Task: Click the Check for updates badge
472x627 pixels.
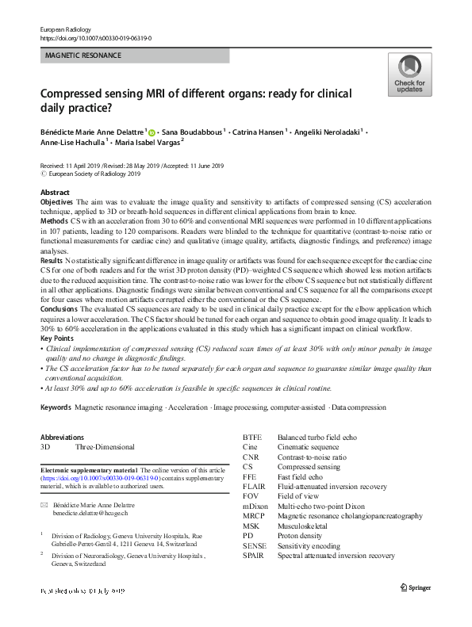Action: (409, 75)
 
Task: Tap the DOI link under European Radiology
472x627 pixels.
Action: (94, 37)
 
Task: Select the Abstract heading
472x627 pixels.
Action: (54, 193)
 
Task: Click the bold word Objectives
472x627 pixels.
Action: (56, 203)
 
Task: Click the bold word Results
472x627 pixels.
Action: (52, 259)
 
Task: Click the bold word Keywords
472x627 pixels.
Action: (56, 407)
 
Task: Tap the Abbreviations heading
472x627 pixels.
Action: (61, 437)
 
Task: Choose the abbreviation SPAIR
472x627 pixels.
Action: (255, 556)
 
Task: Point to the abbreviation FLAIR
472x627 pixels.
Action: (255, 487)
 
